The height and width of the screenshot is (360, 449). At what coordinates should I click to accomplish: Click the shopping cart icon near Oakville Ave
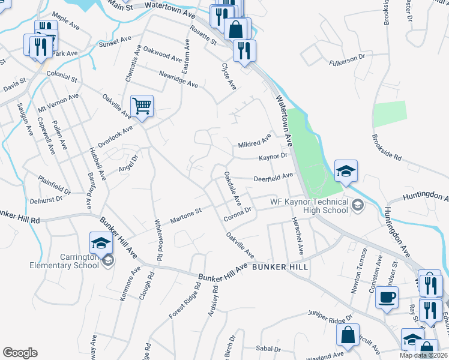pyautogui.click(x=142, y=107)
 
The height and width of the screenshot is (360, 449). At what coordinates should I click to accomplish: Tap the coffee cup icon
pyautogui.click(x=387, y=296)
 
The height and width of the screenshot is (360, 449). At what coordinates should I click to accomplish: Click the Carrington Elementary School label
pyautogui.click(x=79, y=262)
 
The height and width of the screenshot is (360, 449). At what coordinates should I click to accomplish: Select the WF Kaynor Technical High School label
pyautogui.click(x=309, y=206)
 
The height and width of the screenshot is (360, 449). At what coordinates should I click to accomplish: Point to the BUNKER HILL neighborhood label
pyautogui.click(x=280, y=266)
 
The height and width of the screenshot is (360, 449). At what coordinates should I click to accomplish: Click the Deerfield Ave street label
pyautogui.click(x=273, y=177)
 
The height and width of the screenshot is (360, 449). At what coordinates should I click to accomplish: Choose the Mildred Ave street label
pyautogui.click(x=255, y=143)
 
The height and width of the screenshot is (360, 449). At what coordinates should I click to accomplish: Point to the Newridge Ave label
pyautogui.click(x=178, y=80)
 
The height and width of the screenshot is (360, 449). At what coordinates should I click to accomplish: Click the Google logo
pyautogui.click(x=20, y=353)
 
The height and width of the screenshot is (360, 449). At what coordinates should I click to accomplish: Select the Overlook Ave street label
pyautogui.click(x=115, y=132)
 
